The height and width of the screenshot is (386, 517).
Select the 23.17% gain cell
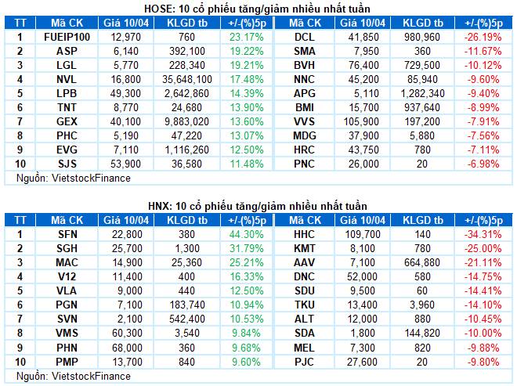click(246, 37)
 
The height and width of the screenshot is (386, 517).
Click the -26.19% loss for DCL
click(484, 37)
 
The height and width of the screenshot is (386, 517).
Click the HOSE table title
click(258, 9)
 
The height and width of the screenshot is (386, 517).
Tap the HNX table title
click(258, 205)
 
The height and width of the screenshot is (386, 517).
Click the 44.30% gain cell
click(246, 234)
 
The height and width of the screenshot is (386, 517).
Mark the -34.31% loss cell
click(484, 234)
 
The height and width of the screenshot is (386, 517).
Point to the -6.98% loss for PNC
click(484, 164)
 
